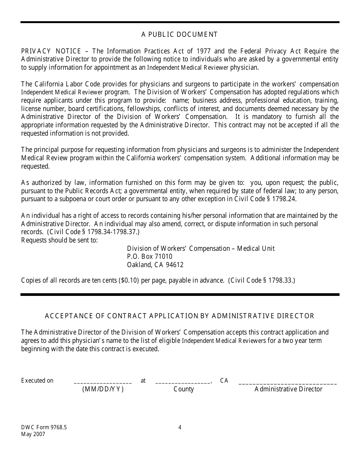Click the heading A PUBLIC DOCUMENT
[180, 34]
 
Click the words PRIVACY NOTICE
[51, 51]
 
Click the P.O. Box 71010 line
[150, 257]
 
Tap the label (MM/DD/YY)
[103, 389]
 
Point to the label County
[184, 389]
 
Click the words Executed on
[38, 381]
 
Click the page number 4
[180, 428]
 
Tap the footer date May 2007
[33, 435]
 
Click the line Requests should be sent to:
[59, 240]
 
